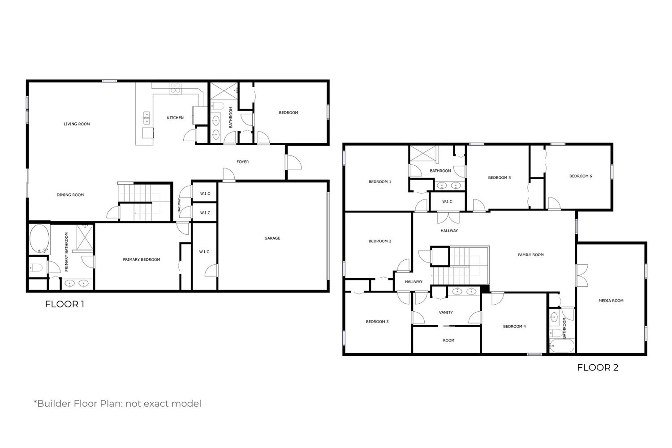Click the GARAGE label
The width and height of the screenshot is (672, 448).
coord(272,238)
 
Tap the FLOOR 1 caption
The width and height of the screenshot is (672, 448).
coord(65,304)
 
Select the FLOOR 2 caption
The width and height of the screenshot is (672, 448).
coord(598,367)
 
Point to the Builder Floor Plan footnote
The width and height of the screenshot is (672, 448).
coord(117,404)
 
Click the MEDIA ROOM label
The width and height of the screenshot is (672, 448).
coord(611,301)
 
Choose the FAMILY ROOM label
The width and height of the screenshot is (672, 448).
coord(531,255)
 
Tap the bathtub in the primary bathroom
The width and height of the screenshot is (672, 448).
coord(39,239)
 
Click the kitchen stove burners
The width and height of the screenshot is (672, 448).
coord(176,88)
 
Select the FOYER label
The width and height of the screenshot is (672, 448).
coord(243,162)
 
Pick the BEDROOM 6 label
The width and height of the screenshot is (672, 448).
coord(581,176)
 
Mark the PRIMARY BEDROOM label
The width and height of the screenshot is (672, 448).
coord(141,259)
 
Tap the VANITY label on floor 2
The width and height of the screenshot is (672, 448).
coord(446,312)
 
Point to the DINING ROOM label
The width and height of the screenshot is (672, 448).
coord(70,195)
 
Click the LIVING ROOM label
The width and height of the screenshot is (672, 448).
coord(77,124)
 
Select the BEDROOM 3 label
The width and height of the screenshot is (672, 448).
coord(377,322)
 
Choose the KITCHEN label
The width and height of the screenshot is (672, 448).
coord(175,118)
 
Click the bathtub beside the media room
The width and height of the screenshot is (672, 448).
coord(562,346)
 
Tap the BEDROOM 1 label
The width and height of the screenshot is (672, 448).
coord(380,181)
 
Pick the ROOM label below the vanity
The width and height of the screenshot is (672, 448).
coord(448,340)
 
